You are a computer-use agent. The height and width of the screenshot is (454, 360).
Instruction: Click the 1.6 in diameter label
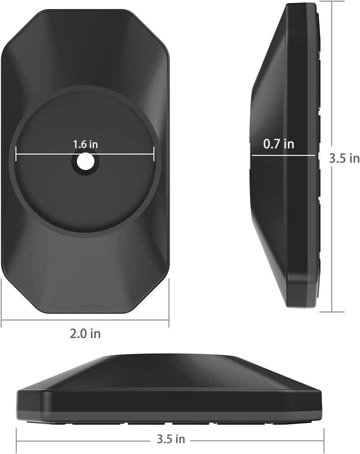[85, 144]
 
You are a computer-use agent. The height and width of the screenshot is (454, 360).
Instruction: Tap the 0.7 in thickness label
[279, 144]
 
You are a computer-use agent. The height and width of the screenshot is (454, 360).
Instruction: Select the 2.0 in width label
[85, 334]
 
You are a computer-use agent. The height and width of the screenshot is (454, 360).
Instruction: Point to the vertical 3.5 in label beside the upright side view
[344, 158]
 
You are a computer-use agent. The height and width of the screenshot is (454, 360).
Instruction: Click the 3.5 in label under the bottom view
[171, 439]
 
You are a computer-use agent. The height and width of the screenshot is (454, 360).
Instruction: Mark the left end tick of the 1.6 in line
[16, 154]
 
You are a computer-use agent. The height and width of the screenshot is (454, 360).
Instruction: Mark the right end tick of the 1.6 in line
[154, 154]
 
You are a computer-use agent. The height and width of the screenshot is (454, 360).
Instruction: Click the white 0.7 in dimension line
[283, 155]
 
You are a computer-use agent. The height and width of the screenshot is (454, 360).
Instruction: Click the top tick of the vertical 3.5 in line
[332, 1]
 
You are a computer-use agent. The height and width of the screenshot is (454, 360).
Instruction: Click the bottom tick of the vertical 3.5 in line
[332, 312]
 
